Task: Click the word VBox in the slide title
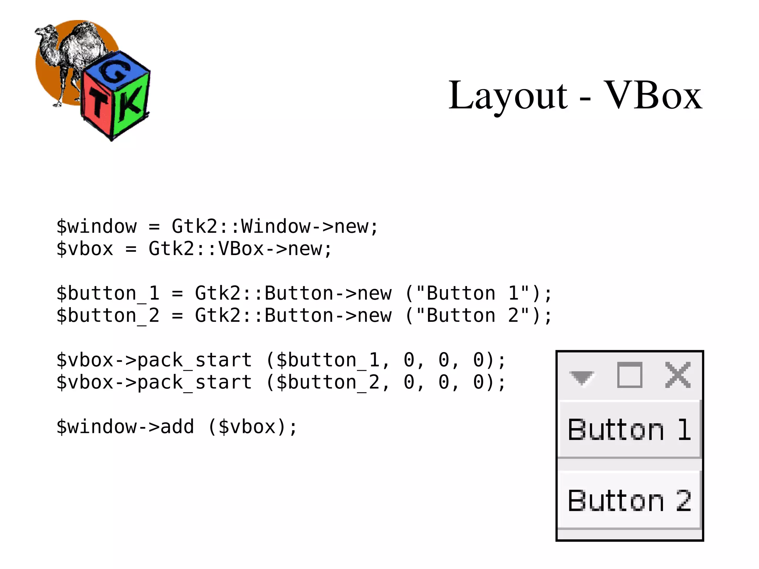tap(653, 96)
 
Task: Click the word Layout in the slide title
tap(508, 96)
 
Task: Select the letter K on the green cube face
tap(130, 104)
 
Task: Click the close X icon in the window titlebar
tap(678, 375)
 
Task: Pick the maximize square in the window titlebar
tap(630, 375)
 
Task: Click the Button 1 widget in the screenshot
tap(629, 429)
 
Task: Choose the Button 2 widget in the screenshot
tap(629, 500)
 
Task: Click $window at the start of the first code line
tap(97, 226)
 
